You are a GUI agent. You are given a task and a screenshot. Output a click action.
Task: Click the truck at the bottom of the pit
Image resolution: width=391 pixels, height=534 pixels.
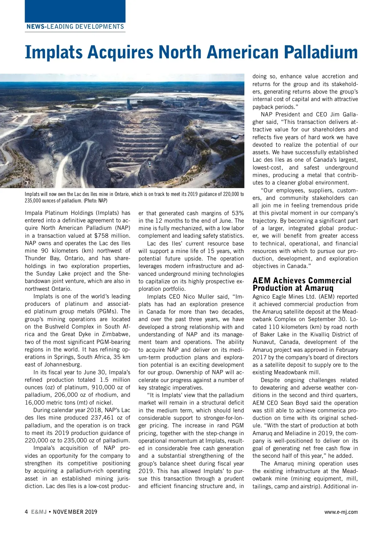coord(149,162)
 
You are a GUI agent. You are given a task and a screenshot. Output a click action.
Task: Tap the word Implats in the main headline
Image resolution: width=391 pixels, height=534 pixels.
coord(54,52)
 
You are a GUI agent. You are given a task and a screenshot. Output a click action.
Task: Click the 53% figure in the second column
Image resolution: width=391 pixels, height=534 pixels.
coord(238,213)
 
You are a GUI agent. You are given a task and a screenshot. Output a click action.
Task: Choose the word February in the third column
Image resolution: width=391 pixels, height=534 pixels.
coord(346,350)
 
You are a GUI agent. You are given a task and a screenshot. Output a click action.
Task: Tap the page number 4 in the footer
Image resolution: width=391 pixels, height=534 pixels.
coord(26,512)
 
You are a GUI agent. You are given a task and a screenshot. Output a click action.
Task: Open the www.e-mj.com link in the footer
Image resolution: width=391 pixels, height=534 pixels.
coord(341,512)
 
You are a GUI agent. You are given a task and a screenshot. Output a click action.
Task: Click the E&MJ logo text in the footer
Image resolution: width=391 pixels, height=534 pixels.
coord(39,512)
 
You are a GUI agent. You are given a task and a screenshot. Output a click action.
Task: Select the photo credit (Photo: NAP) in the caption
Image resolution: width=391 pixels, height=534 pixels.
coord(95,201)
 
